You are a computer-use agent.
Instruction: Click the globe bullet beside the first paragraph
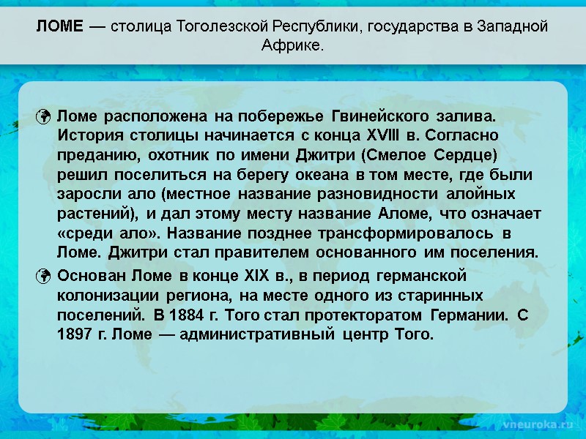click(x=44, y=117)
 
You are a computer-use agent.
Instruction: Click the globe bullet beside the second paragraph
click(x=44, y=277)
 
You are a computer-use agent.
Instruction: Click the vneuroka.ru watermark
click(x=533, y=424)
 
